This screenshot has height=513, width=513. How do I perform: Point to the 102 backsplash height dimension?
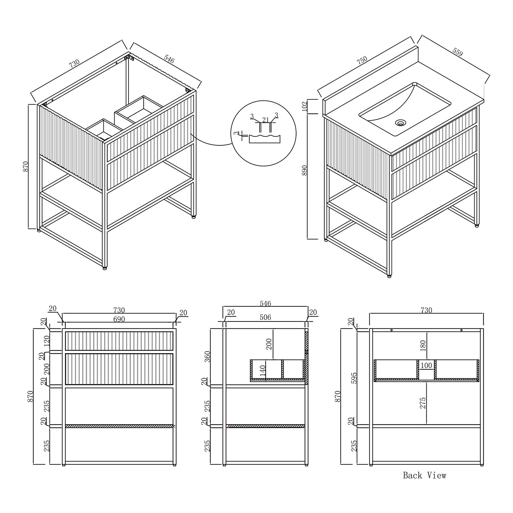point(305,106)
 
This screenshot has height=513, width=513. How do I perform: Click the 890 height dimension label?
point(305,170)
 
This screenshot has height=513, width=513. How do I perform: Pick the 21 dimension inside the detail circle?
point(266,120)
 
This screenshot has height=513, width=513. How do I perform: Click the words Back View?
point(424,475)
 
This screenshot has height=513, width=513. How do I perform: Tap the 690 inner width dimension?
point(119,319)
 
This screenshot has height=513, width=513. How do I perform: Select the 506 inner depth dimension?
point(265,317)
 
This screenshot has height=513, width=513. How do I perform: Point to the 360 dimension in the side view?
point(207,357)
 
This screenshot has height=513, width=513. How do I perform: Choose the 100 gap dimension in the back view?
point(426,366)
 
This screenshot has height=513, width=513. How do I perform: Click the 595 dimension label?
point(354,378)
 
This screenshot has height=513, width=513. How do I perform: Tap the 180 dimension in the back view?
point(423,345)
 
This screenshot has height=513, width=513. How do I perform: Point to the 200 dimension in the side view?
point(269,344)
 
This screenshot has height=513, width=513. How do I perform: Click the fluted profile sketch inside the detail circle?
point(264,139)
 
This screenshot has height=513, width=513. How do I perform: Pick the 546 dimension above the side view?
point(265,304)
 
